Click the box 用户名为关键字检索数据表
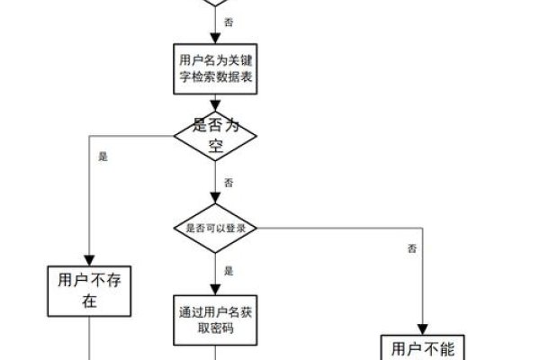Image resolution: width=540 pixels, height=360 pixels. click(x=216, y=70)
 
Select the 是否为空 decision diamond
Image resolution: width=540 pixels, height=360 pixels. click(x=216, y=136)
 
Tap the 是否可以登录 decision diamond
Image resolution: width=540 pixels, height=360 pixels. click(x=216, y=228)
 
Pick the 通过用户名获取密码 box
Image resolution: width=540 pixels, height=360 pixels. click(x=216, y=319)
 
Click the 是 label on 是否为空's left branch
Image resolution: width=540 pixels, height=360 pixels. click(x=103, y=156)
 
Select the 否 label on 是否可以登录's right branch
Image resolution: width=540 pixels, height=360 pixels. click(x=410, y=247)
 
